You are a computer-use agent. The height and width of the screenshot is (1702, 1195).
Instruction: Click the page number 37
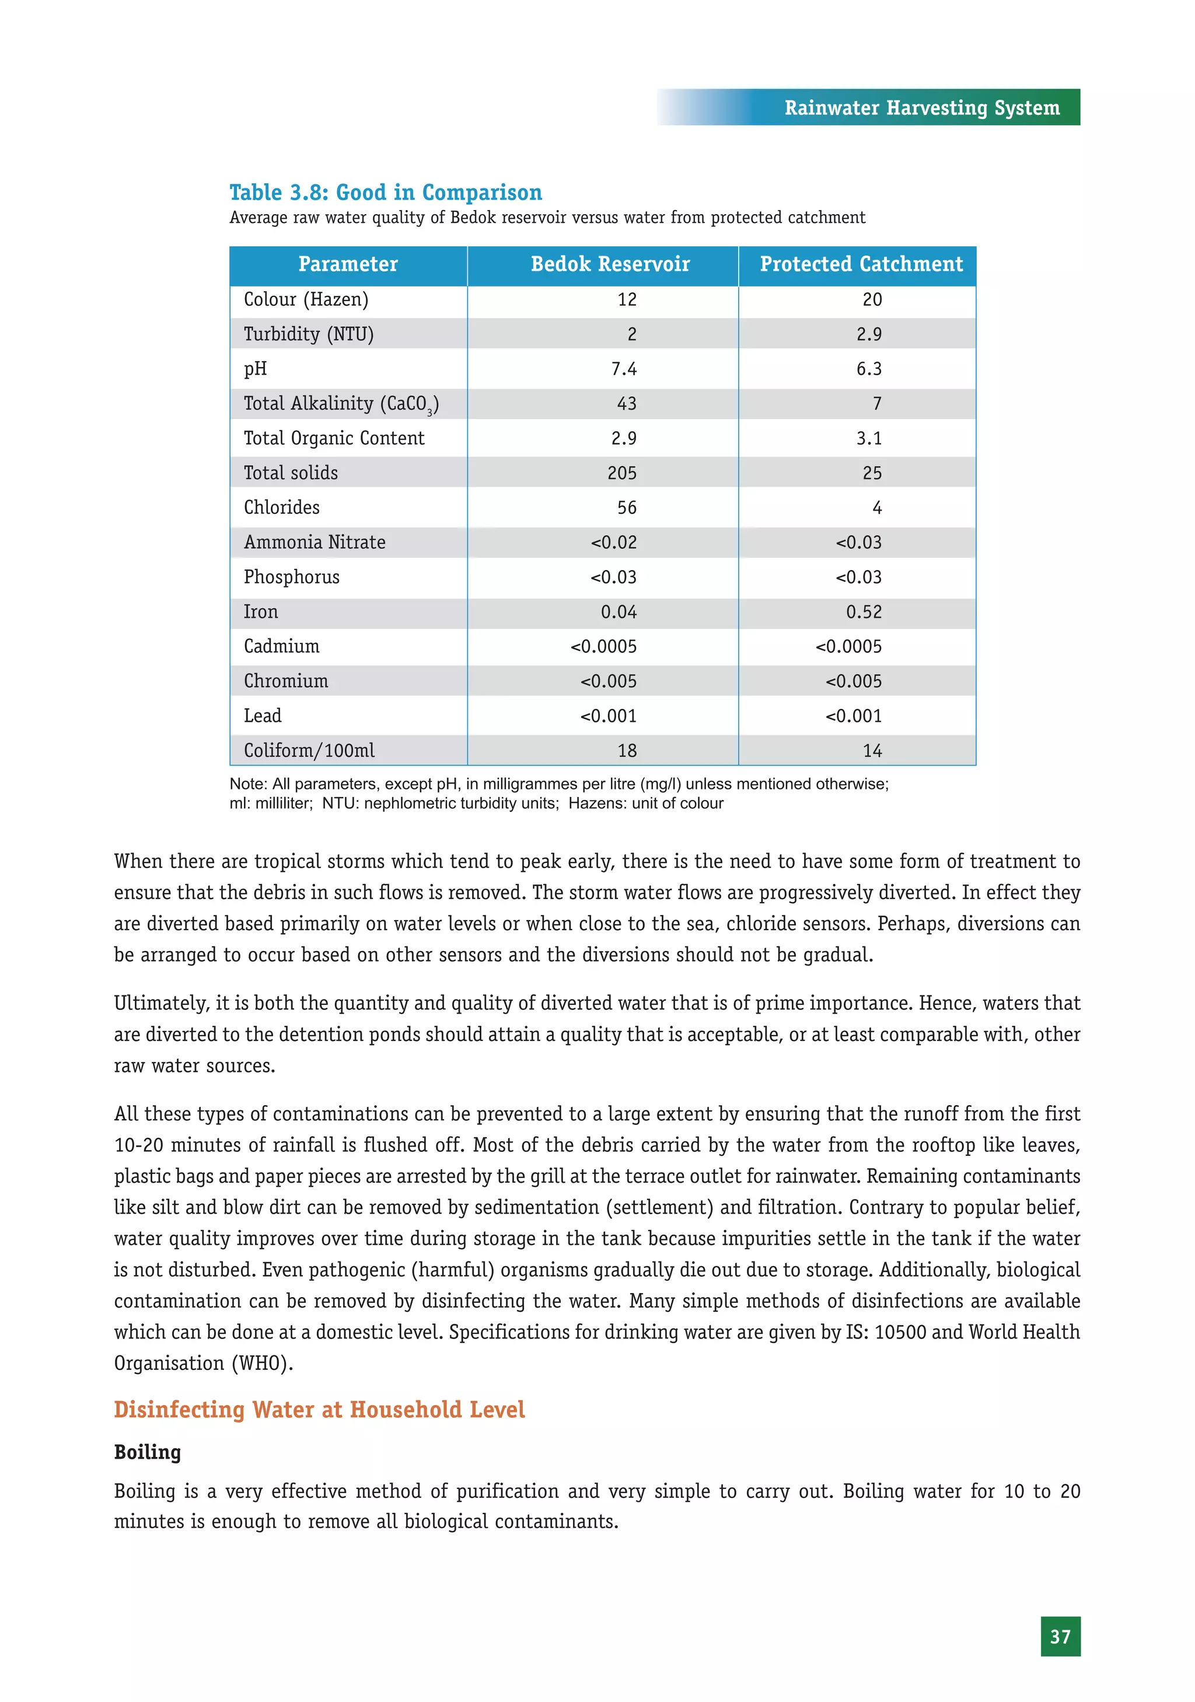click(1060, 1636)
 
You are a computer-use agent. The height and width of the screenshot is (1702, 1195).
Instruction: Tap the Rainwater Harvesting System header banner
click(921, 108)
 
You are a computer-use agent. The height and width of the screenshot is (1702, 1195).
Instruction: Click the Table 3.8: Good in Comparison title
click(386, 193)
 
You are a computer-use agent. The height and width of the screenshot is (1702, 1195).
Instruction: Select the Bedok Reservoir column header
click(610, 265)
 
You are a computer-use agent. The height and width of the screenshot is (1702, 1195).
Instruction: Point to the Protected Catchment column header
click(861, 265)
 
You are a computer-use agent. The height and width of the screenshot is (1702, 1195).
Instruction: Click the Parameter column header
click(348, 265)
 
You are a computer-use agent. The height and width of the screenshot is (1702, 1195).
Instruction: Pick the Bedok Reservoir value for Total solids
click(621, 473)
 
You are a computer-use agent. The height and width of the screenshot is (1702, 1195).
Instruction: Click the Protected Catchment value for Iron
click(864, 612)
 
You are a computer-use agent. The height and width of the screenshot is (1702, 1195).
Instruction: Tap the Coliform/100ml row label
click(309, 751)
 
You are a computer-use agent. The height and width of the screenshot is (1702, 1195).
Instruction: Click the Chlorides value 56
click(627, 508)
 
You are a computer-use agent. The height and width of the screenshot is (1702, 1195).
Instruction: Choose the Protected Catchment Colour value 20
click(872, 299)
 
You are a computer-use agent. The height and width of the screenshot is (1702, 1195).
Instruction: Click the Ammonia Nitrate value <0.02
click(614, 543)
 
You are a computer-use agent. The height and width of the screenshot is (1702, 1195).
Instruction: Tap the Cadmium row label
click(282, 646)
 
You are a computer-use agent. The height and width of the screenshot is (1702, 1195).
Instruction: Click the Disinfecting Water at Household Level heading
click(320, 1409)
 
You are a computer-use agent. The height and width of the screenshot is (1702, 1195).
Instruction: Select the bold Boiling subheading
click(148, 1452)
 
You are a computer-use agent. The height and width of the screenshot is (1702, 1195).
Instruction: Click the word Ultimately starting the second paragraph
click(161, 1004)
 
